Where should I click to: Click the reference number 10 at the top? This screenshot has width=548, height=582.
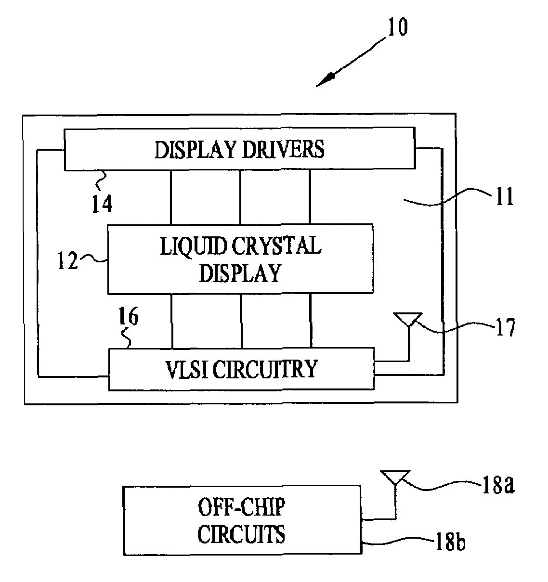tap(396, 27)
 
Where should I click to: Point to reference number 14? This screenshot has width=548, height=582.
tap(102, 204)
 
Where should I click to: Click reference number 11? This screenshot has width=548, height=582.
tap(504, 197)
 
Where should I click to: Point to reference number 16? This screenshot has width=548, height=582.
tap(127, 318)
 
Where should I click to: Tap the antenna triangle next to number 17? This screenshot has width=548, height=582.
tap(408, 319)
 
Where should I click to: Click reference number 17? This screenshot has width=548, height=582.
tap(504, 328)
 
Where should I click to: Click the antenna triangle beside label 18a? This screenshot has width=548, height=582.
tap(395, 477)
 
